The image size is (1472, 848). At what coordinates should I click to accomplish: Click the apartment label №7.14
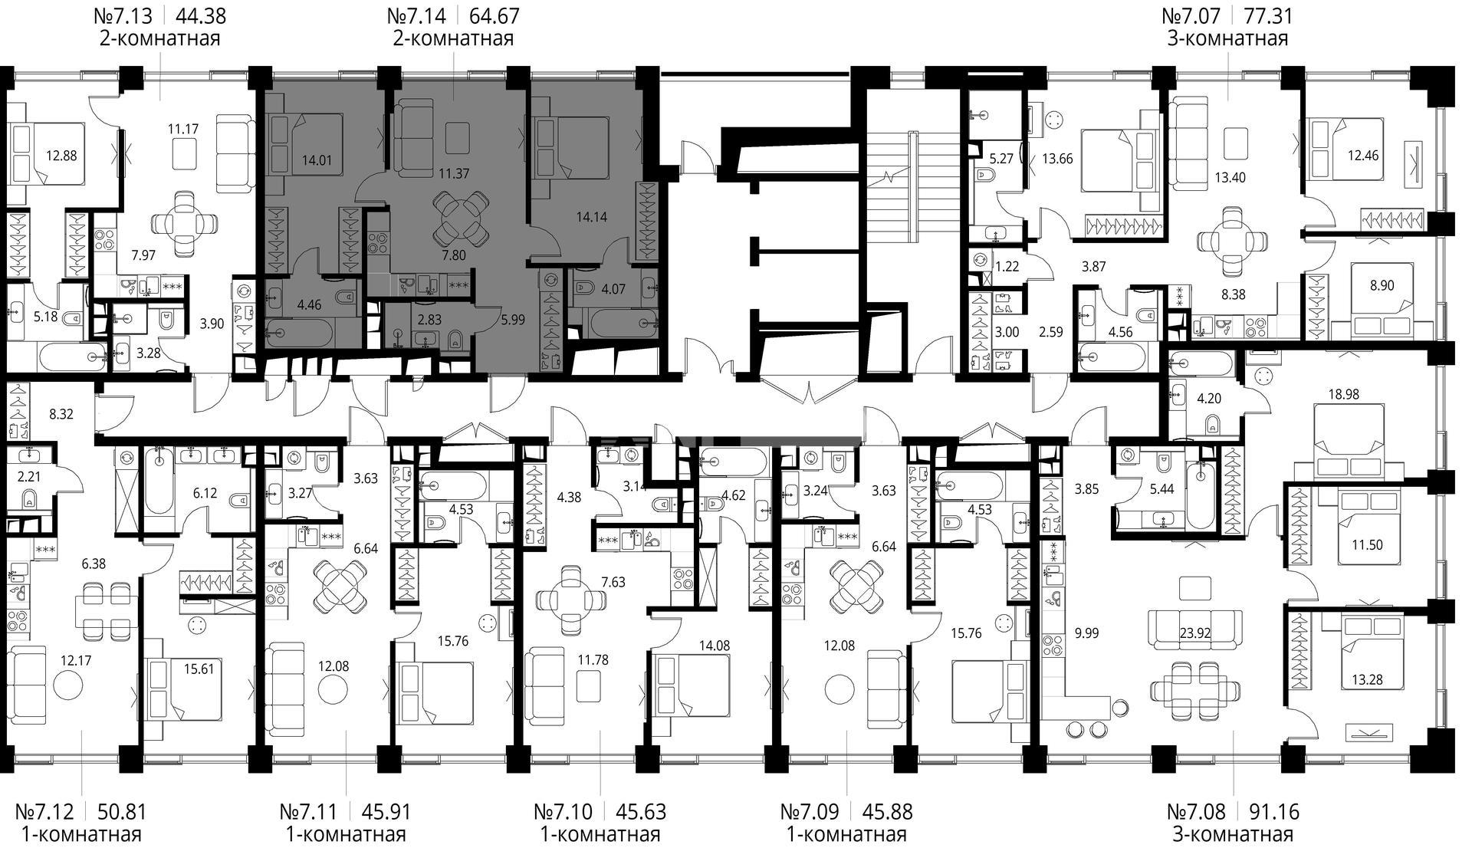418,15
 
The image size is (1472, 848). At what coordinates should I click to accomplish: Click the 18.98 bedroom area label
1342,394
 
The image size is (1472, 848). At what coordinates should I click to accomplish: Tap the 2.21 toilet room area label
28,477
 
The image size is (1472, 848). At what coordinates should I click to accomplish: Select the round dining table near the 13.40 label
1231,242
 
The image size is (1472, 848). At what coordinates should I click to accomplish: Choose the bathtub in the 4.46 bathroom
300,334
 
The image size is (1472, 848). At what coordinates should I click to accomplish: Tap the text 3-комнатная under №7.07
1227,38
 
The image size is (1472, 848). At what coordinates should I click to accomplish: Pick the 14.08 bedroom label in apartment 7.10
714,646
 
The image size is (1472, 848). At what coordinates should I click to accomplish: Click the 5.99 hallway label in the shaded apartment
512,320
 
